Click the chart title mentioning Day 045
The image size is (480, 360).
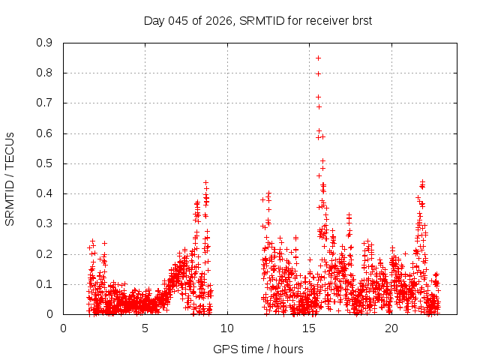pyautogui.click(x=258, y=20)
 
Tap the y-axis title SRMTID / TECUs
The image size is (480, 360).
pyautogui.click(x=10, y=178)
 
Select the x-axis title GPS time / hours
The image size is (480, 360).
pyautogui.click(x=258, y=349)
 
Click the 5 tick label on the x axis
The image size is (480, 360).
pyautogui.click(x=145, y=328)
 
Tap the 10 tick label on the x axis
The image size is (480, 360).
pyautogui.click(x=227, y=328)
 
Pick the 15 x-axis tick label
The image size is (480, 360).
pyautogui.click(x=310, y=328)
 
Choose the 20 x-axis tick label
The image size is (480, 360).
pyautogui.click(x=391, y=328)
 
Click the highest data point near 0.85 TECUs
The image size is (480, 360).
pyautogui.click(x=318, y=58)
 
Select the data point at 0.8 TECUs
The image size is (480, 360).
pyautogui.click(x=318, y=73)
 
